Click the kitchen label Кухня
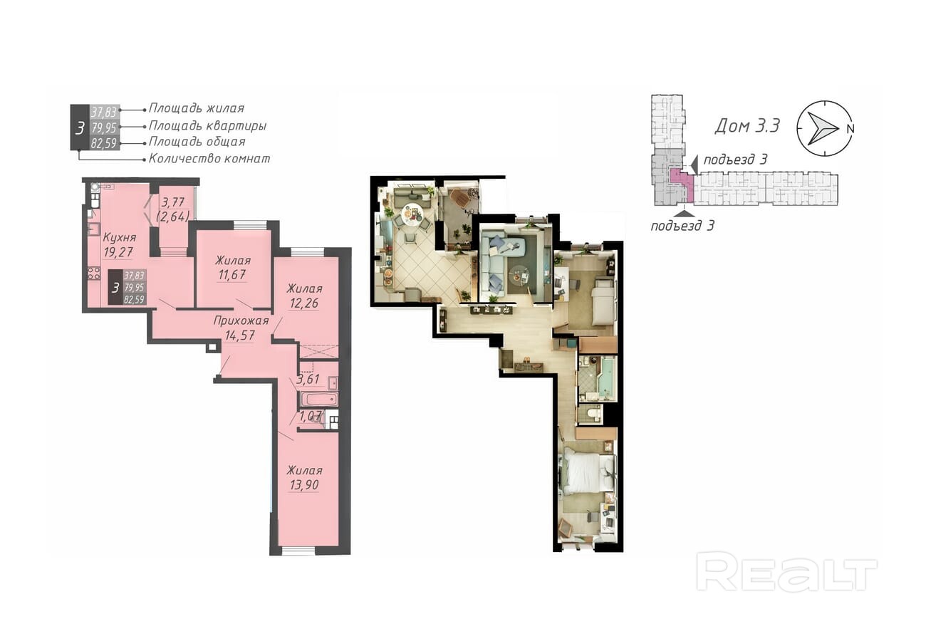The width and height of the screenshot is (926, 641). click(119, 238)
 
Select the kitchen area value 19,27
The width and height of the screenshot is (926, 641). click(119, 252)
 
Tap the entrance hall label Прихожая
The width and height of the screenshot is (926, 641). click(241, 320)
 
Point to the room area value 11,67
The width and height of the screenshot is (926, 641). click(232, 275)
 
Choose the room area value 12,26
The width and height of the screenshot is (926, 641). click(304, 303)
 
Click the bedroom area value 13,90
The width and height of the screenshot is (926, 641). click(304, 485)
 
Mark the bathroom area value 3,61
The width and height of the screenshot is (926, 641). click(308, 379)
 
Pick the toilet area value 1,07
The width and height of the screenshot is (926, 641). click(311, 416)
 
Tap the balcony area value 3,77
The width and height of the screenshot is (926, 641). click(173, 202)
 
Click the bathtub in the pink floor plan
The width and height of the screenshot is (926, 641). click(318, 400)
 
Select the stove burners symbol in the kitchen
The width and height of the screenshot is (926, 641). click(94, 273)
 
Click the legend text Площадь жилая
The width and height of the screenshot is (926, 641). click(197, 108)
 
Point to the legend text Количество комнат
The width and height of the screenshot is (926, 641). click(209, 159)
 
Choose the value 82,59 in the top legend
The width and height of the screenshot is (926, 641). click(104, 143)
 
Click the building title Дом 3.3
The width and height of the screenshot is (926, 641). click(747, 125)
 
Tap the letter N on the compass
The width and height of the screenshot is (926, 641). click(850, 128)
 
